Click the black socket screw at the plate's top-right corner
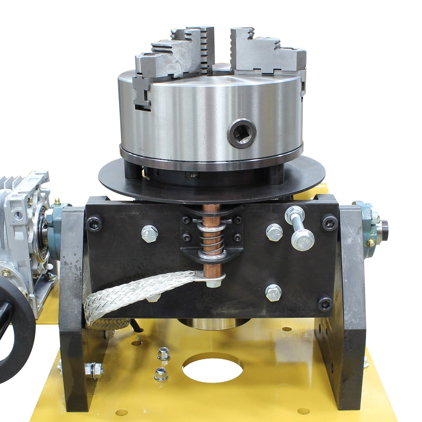329,219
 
